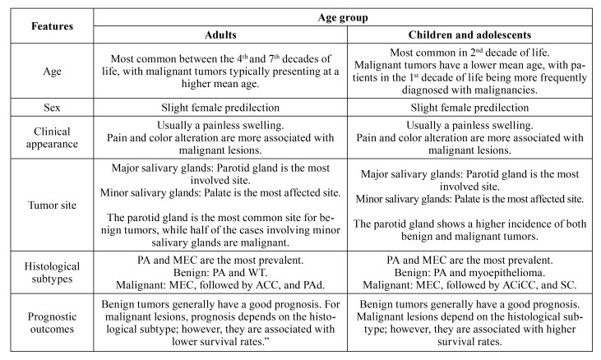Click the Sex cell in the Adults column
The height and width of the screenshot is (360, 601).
220,108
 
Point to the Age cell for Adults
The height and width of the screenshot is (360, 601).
220,71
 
